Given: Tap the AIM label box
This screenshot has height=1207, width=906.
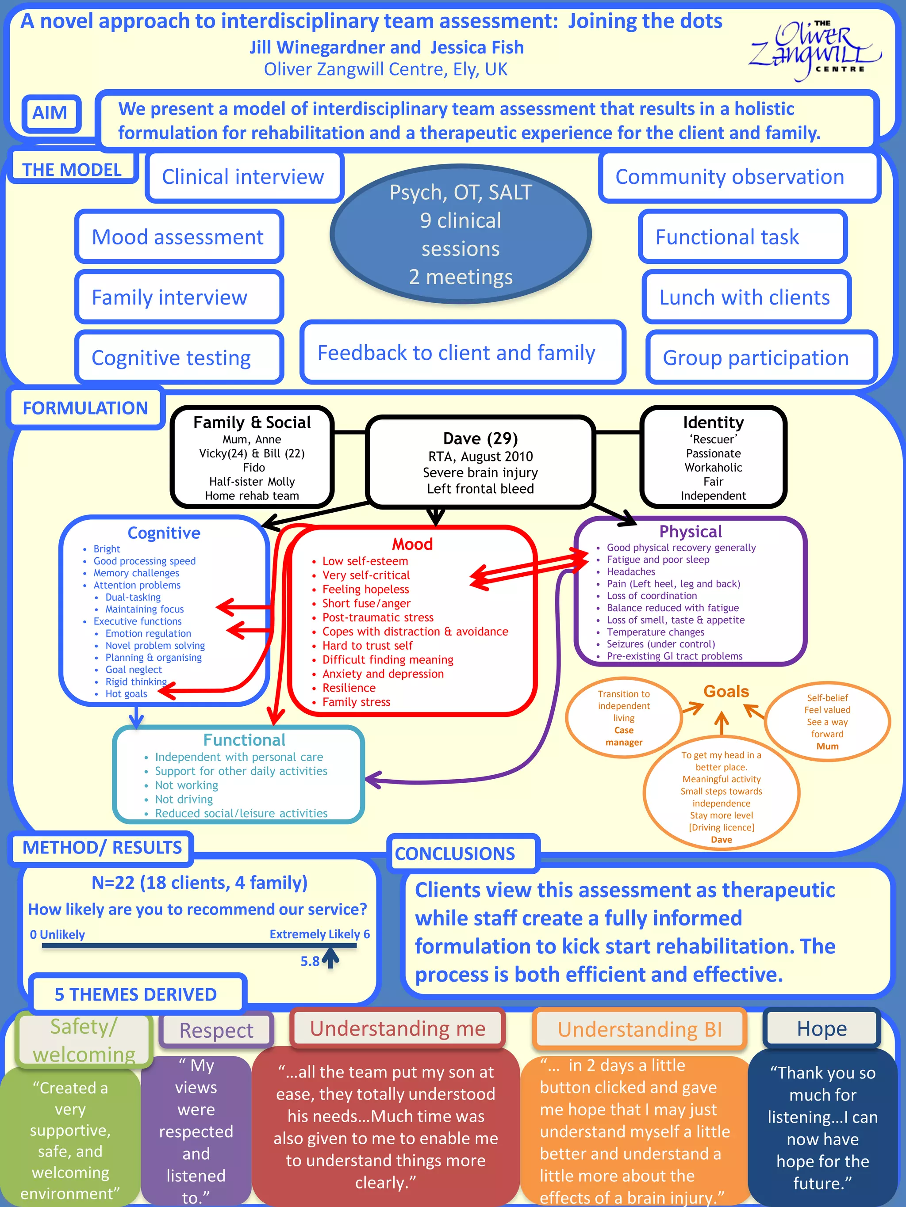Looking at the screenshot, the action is [x=51, y=113].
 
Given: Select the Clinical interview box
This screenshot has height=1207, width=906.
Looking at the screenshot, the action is [x=244, y=177].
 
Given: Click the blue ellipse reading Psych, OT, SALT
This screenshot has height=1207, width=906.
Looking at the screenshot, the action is [x=461, y=235].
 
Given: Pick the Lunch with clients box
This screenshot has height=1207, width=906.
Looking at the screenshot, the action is [x=745, y=297].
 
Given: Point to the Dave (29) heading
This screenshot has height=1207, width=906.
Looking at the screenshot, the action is [x=480, y=438].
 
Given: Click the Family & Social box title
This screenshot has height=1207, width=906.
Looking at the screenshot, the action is [x=252, y=423].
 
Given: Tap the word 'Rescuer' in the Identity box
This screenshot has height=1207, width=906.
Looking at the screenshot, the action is [x=713, y=439].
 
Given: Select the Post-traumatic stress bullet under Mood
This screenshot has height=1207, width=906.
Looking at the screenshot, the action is [x=377, y=617].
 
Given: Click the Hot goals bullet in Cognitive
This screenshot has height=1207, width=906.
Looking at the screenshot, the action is [x=126, y=693].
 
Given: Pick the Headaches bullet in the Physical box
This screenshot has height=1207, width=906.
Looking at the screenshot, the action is [x=631, y=571].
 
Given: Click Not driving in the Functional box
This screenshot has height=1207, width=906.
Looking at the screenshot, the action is [x=184, y=799].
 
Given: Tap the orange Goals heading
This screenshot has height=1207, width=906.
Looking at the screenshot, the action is [x=726, y=691].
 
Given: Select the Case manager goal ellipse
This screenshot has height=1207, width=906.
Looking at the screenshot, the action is [x=624, y=718].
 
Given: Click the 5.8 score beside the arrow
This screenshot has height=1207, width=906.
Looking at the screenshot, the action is [x=310, y=961].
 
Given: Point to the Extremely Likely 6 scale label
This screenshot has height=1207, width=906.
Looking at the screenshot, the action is [x=319, y=934].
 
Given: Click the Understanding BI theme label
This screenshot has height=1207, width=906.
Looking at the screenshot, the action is [x=640, y=1030].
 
